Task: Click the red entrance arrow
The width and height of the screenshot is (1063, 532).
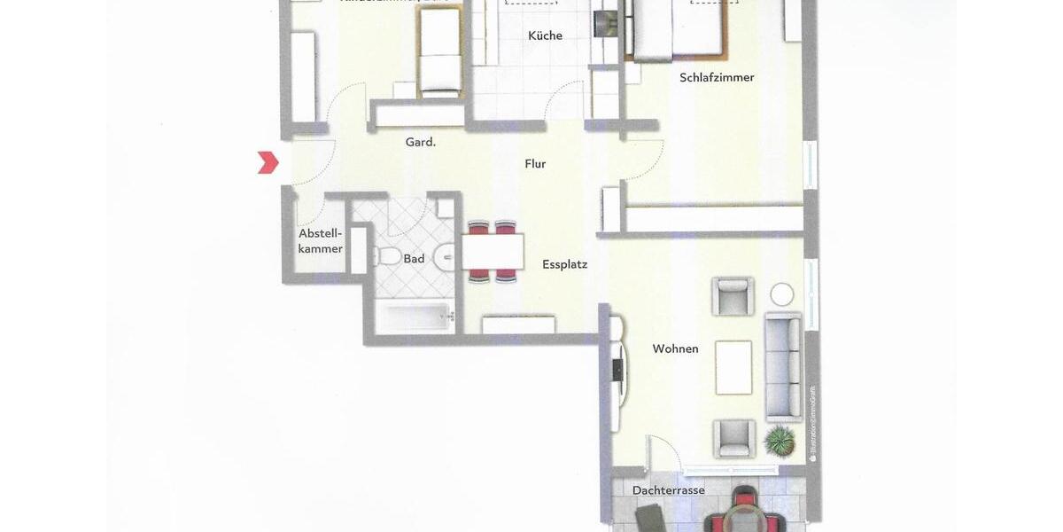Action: click(268, 162)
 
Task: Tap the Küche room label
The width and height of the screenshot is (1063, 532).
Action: click(545, 35)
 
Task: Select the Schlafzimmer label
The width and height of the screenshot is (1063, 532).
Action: click(717, 77)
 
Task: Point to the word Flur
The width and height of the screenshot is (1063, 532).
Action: click(535, 164)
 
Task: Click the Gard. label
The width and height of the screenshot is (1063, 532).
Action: click(420, 142)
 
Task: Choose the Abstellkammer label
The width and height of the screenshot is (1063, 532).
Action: click(320, 241)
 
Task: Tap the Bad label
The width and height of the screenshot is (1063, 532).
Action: click(414, 259)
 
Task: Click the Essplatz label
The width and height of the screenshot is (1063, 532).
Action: click(564, 264)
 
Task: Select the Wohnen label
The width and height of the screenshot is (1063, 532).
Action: click(675, 348)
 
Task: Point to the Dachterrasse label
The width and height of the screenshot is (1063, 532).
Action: click(668, 490)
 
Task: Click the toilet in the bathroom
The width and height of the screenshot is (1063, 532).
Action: click(388, 257)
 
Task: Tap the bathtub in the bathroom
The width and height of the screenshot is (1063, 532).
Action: click(415, 317)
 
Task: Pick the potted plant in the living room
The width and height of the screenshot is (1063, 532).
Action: click(780, 439)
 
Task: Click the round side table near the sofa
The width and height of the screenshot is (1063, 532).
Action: click(782, 293)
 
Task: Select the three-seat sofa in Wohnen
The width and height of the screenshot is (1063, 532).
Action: click(783, 366)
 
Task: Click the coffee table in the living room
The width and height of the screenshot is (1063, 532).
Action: click(733, 367)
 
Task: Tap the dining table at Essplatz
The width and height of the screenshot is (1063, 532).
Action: click(493, 252)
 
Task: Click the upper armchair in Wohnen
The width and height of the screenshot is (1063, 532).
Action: click(733, 296)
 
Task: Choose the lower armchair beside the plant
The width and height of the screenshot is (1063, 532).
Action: click(734, 438)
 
